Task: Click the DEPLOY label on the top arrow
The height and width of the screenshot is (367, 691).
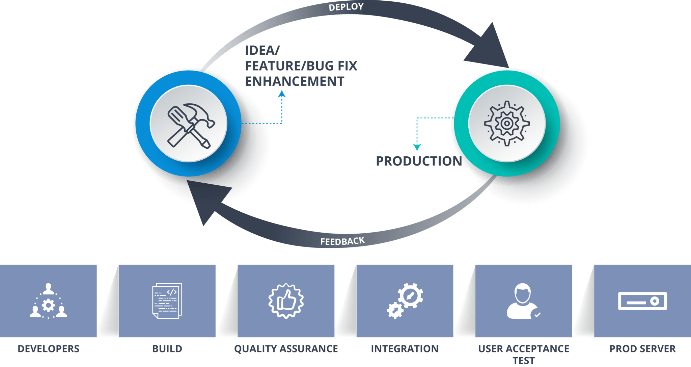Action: point(346,7)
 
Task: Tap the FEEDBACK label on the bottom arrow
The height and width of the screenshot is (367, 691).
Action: point(342,241)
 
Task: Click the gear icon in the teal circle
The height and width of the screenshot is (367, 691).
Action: point(507,123)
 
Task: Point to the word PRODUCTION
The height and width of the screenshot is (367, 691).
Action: point(419,161)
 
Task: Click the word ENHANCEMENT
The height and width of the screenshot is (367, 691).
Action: point(295,82)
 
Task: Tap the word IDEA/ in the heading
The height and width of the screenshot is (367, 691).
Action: point(262,51)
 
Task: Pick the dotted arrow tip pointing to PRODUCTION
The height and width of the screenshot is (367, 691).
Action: point(417,148)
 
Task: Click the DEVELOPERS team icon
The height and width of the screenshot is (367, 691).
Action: point(48,301)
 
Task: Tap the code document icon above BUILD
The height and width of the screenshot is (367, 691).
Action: point(167,301)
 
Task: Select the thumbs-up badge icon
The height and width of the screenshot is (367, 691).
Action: point(286,301)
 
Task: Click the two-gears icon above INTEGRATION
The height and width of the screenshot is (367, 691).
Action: point(405,301)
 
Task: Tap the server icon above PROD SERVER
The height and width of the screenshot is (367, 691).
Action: point(642,301)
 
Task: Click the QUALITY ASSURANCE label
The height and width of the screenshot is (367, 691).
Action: point(286,349)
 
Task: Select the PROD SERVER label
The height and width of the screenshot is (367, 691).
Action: point(642,349)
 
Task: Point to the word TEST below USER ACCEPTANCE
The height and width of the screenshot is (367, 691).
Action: point(523,361)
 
